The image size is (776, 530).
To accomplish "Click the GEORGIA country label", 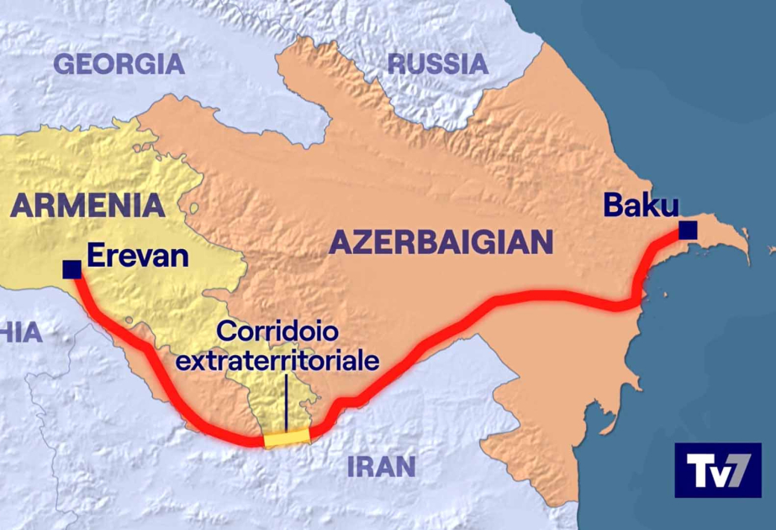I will (119, 64).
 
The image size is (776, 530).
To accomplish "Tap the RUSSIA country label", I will (437, 64).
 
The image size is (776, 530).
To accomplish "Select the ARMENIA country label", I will (88, 204).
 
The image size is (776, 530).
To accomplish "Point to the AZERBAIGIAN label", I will (441, 242).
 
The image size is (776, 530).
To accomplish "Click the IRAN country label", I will (382, 466).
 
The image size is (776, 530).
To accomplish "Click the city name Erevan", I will (138, 256).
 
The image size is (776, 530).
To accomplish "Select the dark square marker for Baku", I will (689, 230).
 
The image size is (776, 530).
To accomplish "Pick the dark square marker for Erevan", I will (71, 269).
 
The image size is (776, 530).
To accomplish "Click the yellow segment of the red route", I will (287, 437).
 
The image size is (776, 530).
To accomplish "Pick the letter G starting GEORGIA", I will (66, 64).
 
